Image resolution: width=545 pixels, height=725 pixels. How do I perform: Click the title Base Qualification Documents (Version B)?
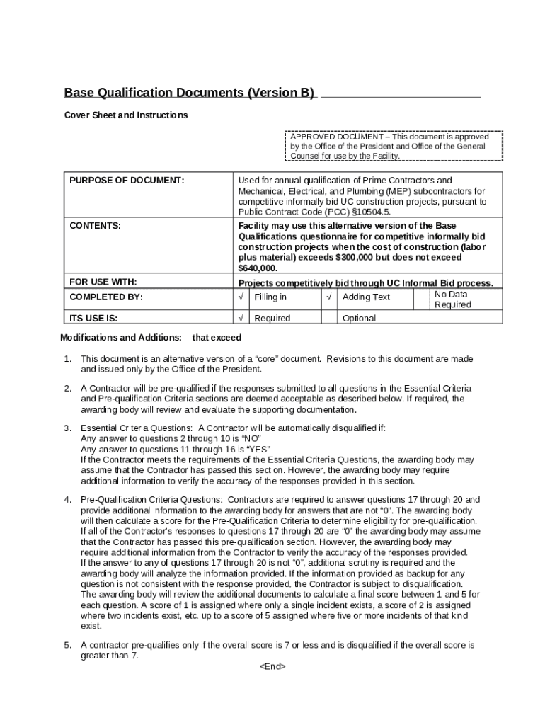(189, 93)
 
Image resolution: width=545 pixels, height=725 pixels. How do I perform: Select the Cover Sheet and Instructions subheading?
(126, 115)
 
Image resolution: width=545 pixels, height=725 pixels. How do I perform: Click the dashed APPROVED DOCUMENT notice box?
(395, 146)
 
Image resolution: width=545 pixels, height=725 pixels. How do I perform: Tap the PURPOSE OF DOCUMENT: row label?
(127, 181)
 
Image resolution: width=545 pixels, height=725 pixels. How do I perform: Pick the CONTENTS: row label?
(95, 226)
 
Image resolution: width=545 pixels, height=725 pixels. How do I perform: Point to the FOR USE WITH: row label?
(103, 282)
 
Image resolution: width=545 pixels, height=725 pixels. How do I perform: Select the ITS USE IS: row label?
(93, 318)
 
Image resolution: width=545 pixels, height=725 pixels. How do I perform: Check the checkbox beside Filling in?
(242, 297)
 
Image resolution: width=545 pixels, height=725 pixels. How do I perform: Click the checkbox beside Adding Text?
(329, 297)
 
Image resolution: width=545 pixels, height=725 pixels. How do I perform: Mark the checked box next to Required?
(242, 318)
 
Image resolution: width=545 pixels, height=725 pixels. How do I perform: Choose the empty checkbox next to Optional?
(329, 318)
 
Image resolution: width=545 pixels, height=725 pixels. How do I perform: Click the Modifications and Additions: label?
(121, 338)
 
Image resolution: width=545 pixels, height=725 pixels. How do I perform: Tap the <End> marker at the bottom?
(272, 666)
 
